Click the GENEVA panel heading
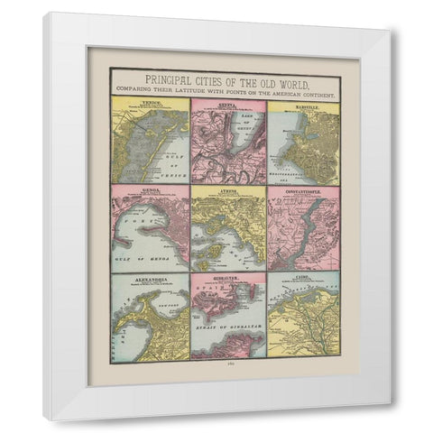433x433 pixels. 225,103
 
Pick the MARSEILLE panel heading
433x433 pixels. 301,103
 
